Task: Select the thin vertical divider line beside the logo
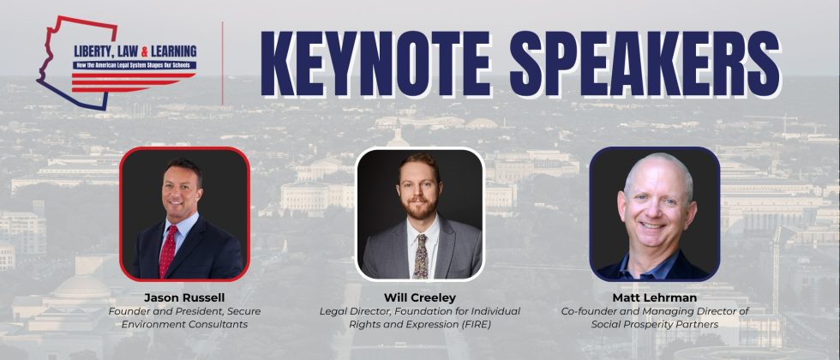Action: click(x=223, y=63)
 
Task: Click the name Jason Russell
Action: click(x=184, y=297)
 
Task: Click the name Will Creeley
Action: click(x=420, y=297)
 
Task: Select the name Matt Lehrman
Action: click(x=654, y=297)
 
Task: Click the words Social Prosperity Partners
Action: click(x=655, y=325)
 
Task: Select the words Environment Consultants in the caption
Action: click(x=184, y=325)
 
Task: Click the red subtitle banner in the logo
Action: click(x=133, y=64)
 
